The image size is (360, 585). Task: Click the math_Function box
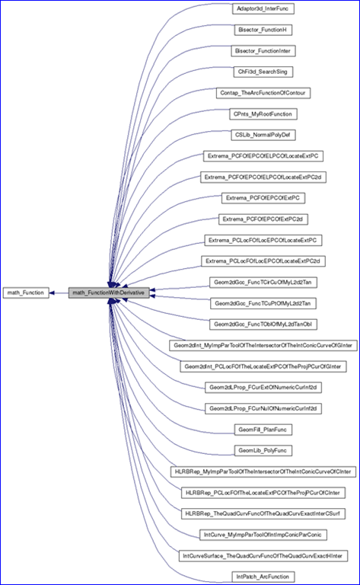(26, 292)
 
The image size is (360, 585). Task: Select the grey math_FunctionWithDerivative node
(109, 292)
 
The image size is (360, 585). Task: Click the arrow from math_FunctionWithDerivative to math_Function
(59, 292)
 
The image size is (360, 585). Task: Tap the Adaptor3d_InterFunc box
(263, 8)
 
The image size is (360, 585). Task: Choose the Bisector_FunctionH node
(263, 30)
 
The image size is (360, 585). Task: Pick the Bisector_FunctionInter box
(263, 51)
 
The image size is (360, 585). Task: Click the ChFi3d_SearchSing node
(263, 72)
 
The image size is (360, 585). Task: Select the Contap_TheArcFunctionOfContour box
(263, 93)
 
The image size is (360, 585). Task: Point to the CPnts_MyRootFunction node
(263, 113)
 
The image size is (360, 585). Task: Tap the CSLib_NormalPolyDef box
(263, 135)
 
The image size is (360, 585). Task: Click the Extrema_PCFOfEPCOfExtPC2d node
(263, 219)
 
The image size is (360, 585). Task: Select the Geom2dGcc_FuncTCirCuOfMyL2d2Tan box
(263, 283)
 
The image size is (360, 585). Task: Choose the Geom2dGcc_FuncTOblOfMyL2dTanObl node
(263, 324)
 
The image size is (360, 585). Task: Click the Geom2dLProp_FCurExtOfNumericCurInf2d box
(263, 387)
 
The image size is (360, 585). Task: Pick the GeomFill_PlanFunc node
(263, 430)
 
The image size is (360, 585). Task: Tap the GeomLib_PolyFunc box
(263, 450)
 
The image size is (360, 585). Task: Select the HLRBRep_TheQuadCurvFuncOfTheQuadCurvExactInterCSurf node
(263, 513)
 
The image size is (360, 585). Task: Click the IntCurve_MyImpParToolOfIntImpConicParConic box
(263, 535)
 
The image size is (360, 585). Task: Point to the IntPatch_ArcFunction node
(263, 577)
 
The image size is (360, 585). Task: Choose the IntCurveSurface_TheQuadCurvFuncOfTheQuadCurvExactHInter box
(263, 556)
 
